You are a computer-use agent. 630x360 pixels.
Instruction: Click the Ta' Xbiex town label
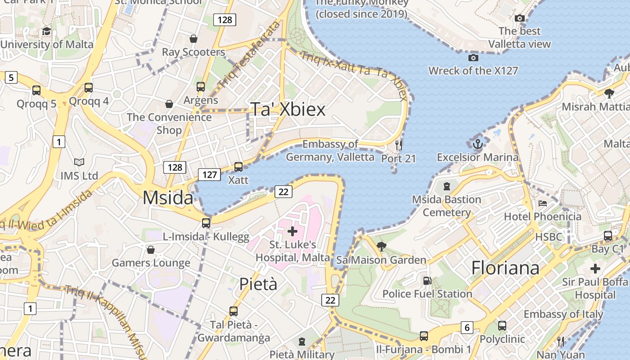pos(288,109)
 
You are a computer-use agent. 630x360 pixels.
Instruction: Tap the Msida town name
pos(168,198)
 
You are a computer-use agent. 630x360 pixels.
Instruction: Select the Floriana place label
pos(505,268)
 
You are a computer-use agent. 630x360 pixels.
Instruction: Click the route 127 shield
pos(210,174)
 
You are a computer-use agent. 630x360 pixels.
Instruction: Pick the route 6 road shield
pos(467,328)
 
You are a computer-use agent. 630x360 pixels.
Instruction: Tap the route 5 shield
pos(11,77)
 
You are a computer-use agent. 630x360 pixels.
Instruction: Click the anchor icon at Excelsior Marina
pos(477,144)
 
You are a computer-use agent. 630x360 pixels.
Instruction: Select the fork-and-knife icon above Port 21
pos(398,145)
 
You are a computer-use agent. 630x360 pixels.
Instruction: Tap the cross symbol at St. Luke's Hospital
pos(292,231)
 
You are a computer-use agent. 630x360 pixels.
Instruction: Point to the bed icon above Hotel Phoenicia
pos(543,203)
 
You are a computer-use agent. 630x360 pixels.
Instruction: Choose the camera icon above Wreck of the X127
pos(473,58)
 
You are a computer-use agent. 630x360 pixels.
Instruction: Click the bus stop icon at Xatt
pos(238,166)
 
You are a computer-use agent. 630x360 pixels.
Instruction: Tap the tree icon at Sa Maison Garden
pos(381,246)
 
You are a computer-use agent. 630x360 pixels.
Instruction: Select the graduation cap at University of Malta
pos(46,31)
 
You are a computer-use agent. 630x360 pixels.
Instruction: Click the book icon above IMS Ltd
pos(79,162)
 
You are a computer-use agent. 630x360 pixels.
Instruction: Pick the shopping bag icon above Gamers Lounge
pos(151,249)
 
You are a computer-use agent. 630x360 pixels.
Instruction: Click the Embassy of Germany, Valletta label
pos(330,150)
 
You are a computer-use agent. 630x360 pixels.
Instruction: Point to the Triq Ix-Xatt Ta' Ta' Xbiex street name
pos(355,75)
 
